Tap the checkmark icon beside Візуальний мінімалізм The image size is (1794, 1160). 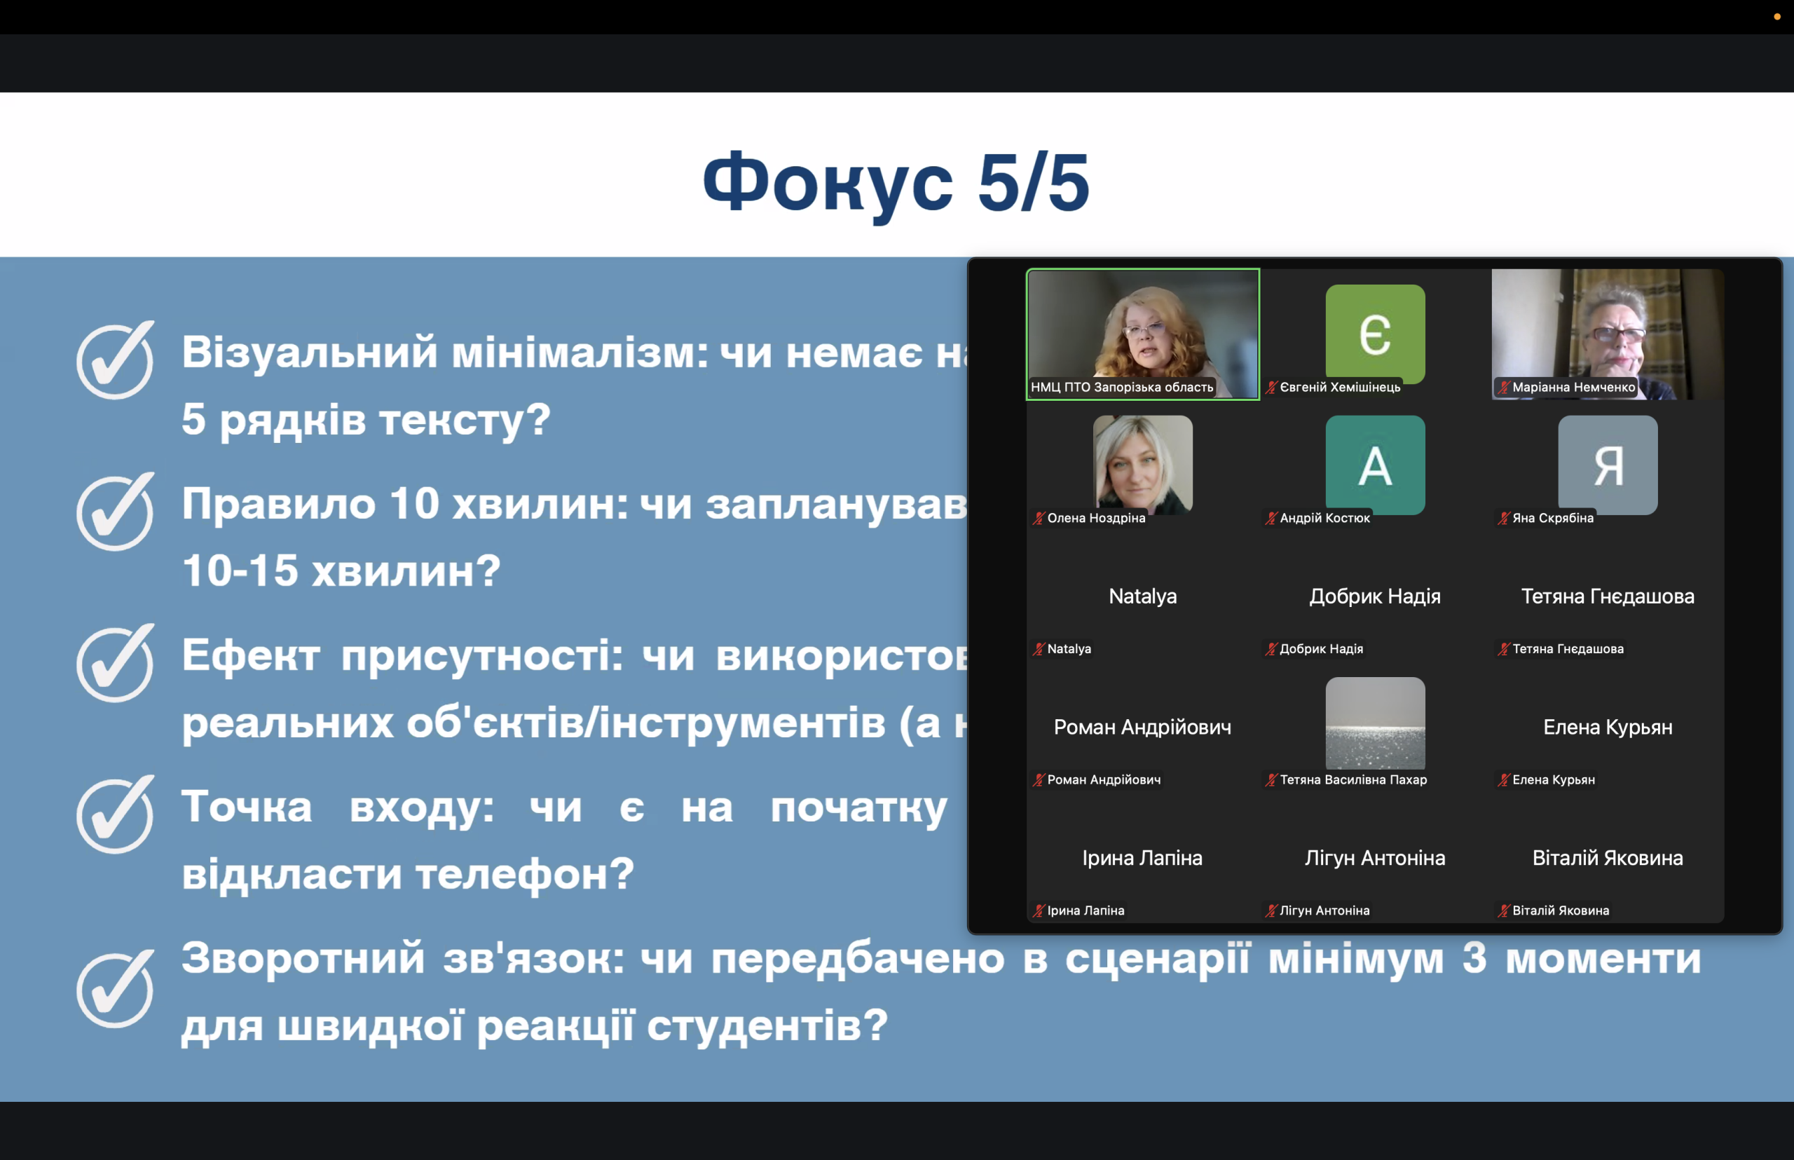[115, 360]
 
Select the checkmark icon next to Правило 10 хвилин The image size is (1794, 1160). [115, 512]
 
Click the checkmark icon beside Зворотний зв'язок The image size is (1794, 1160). [115, 989]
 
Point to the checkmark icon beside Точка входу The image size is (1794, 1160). [115, 814]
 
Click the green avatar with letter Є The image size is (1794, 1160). [1375, 334]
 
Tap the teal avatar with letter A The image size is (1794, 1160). [1375, 465]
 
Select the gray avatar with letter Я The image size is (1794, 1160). [1608, 465]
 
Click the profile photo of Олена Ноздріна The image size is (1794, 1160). [1142, 465]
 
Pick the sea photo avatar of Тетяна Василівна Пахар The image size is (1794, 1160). [1375, 723]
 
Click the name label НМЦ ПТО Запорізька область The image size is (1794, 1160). [1122, 387]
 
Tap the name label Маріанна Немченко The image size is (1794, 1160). [1574, 387]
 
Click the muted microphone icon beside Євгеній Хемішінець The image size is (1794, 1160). [1271, 387]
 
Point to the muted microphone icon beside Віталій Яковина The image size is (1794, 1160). [1504, 910]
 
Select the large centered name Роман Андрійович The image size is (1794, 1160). [1142, 727]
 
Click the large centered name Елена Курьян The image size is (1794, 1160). [1608, 727]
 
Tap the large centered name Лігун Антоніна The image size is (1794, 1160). [1375, 858]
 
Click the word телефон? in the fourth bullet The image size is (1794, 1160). [525, 875]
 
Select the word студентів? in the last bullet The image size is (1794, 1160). [768, 1026]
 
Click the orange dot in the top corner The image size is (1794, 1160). [1777, 17]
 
